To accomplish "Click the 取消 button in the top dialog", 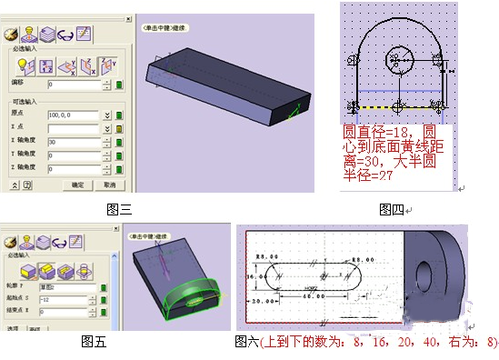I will click(x=109, y=185).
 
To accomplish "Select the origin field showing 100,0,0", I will click(x=65, y=116).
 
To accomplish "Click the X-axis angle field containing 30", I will click(x=65, y=143).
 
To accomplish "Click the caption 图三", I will click(x=120, y=209).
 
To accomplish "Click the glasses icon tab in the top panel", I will click(x=65, y=36).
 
